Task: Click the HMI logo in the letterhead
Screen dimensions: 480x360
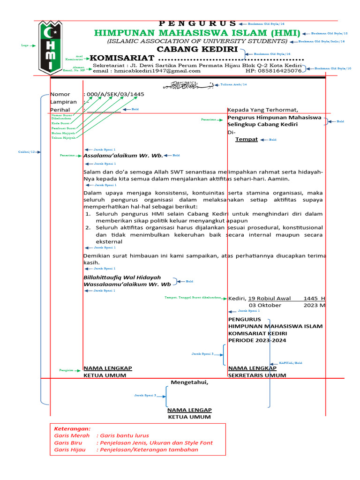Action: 49,47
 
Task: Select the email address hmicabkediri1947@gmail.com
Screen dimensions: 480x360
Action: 147,71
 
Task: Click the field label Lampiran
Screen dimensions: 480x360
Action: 63,102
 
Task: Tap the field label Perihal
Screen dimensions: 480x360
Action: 60,109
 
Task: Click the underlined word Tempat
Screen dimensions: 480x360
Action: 246,139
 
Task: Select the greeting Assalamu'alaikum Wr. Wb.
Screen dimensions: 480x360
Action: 123,155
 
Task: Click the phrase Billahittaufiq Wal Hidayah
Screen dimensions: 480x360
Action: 122,277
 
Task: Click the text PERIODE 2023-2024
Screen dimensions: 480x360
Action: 257,340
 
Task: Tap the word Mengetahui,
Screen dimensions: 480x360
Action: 189,382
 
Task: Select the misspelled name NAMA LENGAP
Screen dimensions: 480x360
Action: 189,410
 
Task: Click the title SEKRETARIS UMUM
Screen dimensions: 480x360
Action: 257,375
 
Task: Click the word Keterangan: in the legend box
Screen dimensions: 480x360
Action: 72,428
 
